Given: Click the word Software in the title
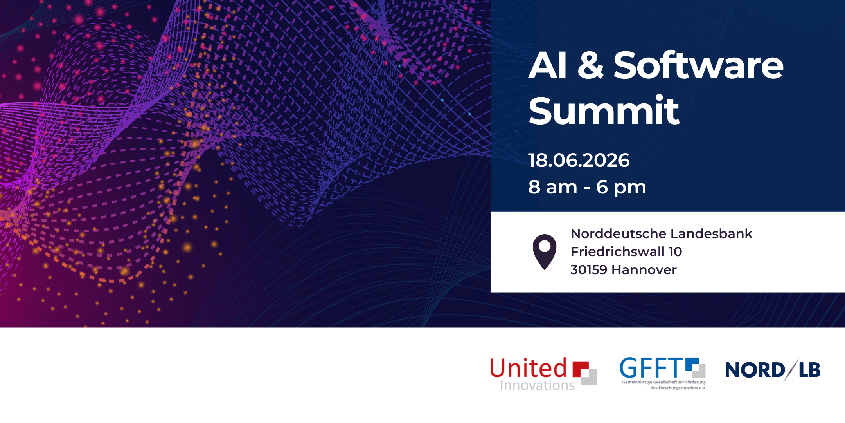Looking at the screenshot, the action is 699,65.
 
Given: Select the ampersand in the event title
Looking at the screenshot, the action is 590,65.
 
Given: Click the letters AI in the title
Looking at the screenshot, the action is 547,65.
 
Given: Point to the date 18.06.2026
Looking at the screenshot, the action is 579,160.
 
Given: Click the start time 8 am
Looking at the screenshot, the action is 553,187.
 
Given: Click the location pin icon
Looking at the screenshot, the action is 545,252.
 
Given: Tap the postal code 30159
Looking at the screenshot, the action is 589,270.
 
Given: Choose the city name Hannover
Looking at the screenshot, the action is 644,270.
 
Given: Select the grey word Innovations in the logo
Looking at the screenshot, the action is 538,385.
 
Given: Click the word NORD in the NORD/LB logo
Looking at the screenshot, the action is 755,370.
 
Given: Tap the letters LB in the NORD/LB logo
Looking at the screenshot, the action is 809,370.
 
